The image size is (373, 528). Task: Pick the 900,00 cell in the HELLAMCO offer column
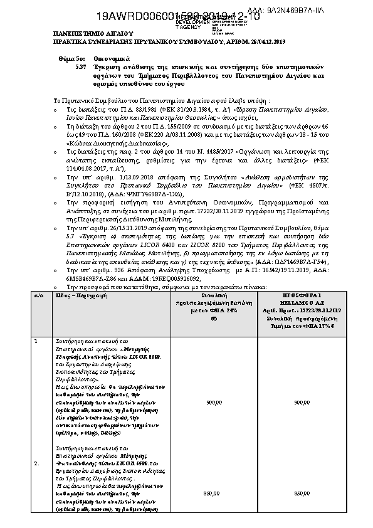[x=302, y=402]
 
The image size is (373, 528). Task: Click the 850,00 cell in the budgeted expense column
[x=214, y=494]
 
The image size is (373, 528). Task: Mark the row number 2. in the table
[x=37, y=463]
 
